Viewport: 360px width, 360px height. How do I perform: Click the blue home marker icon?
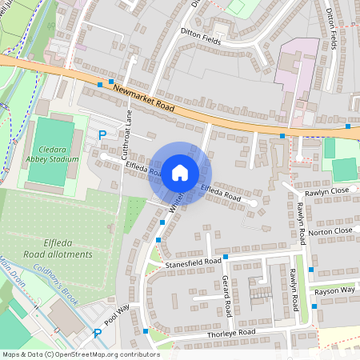(x=180, y=173)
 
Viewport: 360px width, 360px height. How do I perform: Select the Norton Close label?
(x=330, y=231)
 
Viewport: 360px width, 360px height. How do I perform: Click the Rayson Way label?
(x=334, y=291)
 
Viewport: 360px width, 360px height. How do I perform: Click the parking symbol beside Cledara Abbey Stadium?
(x=101, y=135)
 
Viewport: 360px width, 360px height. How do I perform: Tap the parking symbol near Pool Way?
(x=98, y=333)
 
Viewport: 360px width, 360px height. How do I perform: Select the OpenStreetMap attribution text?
(x=80, y=354)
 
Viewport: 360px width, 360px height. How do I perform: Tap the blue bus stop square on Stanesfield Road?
(x=226, y=257)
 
